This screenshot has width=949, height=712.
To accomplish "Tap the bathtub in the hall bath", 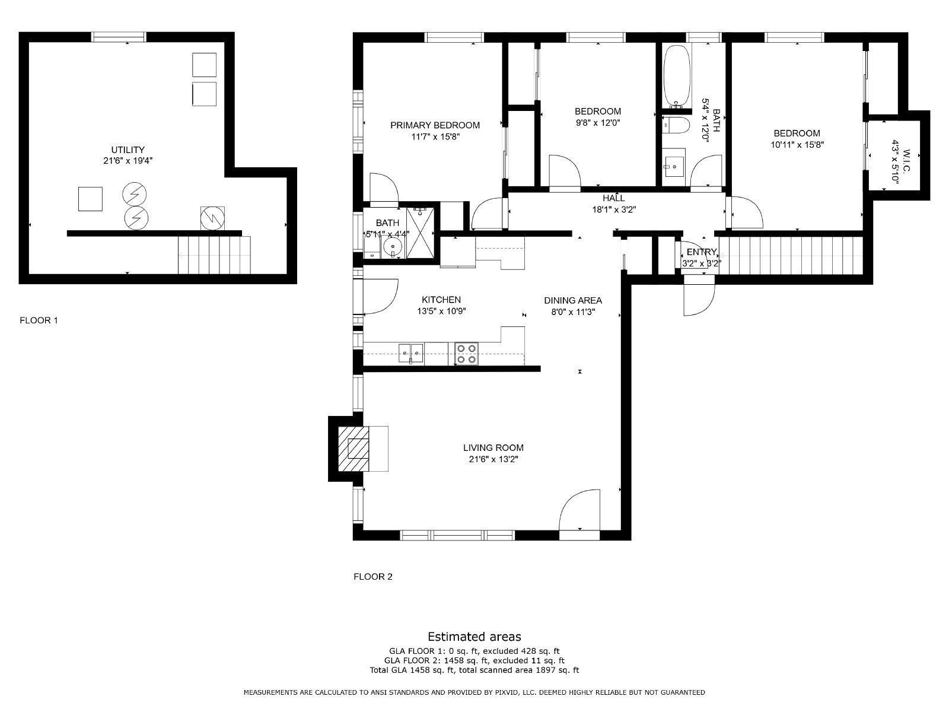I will click(x=677, y=76).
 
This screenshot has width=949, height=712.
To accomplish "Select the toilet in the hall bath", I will click(x=676, y=126).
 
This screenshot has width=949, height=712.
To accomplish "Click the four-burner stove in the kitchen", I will click(x=466, y=353).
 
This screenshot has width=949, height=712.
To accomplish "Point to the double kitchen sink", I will click(x=410, y=353).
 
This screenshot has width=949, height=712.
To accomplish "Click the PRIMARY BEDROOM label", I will click(x=435, y=125).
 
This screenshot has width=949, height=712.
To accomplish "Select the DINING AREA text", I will click(x=573, y=300).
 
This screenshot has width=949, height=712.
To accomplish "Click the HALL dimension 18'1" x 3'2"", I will click(x=614, y=209).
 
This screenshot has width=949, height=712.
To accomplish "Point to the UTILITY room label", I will click(x=128, y=150).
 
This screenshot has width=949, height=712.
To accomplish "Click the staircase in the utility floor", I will click(x=214, y=255).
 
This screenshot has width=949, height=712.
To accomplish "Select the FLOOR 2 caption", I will click(x=372, y=576).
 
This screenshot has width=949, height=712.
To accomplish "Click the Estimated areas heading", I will click(x=474, y=637).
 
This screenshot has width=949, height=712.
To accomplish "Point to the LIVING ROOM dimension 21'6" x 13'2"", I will click(x=493, y=459).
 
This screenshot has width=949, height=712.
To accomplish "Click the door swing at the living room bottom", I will click(x=580, y=509).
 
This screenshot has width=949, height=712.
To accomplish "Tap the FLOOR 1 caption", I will click(x=39, y=320).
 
